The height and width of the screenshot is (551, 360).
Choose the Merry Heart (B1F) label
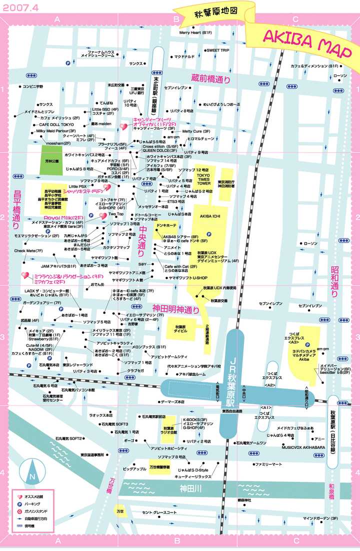[196, 32]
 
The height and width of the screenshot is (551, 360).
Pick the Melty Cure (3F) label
[196, 131]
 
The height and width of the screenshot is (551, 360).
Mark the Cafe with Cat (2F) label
[177, 266]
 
